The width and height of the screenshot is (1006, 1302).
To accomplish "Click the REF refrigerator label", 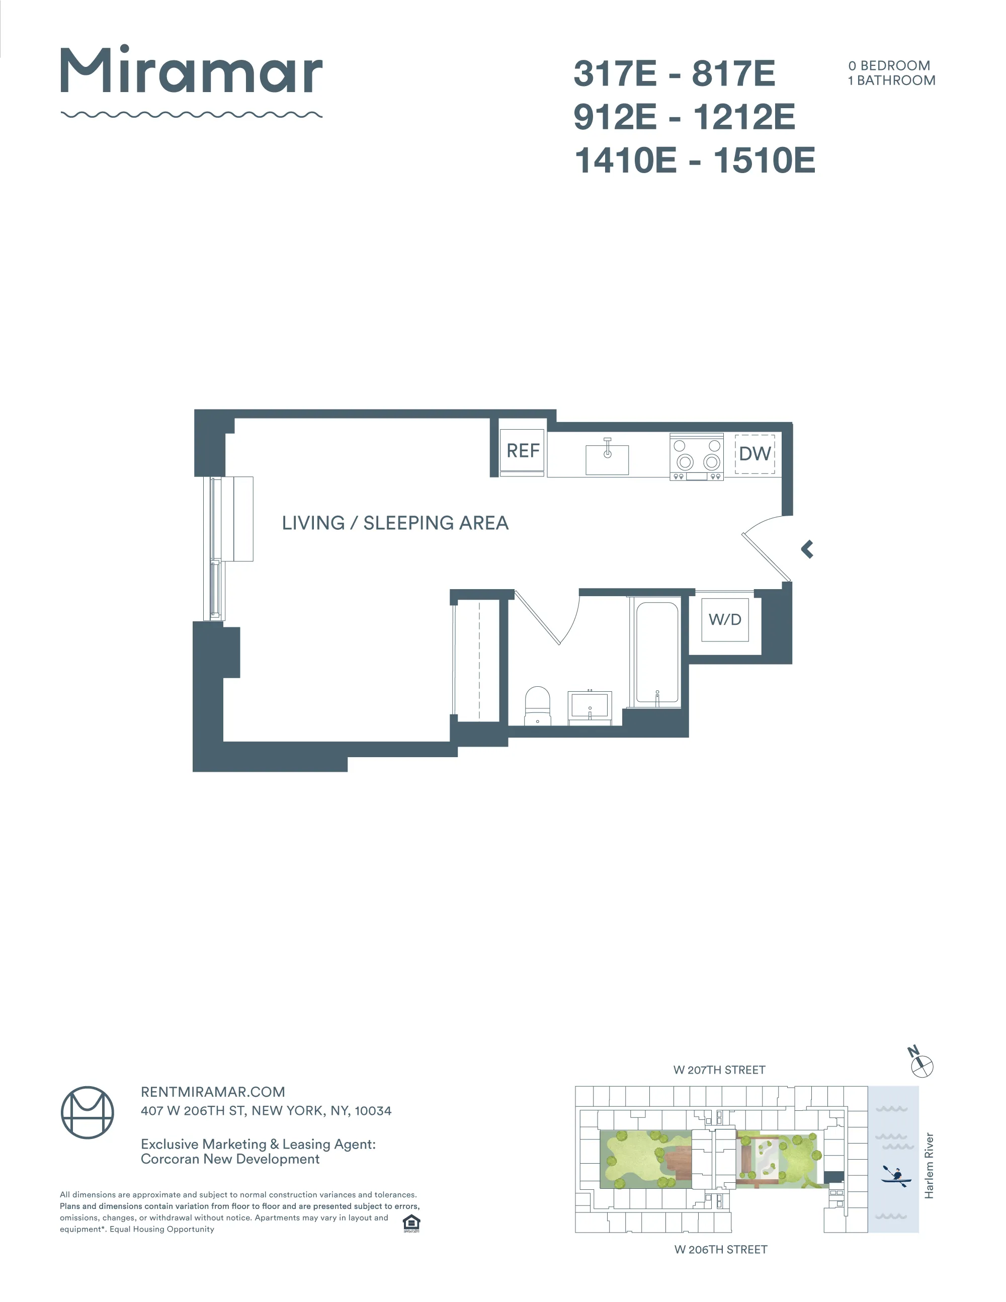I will click(x=522, y=451).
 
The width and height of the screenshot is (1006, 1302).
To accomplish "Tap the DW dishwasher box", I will click(x=754, y=454).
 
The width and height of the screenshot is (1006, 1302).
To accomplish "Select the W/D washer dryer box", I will click(x=725, y=619).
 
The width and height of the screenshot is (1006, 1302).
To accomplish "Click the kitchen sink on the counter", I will click(x=607, y=459).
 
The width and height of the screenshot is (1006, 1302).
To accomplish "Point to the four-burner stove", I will click(x=696, y=456).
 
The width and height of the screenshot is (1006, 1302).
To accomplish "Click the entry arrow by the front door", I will click(x=807, y=549).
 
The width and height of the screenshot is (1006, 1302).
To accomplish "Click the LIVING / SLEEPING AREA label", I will click(x=395, y=523).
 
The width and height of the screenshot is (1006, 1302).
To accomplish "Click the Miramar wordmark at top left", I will click(x=191, y=71).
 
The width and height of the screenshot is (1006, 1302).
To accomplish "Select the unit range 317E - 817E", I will click(x=674, y=73).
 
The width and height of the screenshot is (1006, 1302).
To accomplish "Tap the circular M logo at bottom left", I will click(x=88, y=1112).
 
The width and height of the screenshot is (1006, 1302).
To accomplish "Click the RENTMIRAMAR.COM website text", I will click(x=213, y=1092).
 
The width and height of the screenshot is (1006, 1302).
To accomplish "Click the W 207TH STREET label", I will click(x=719, y=1070).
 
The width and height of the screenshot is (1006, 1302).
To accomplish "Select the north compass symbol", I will click(x=921, y=1065).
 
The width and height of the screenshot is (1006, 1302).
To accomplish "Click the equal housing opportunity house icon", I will click(x=411, y=1223).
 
